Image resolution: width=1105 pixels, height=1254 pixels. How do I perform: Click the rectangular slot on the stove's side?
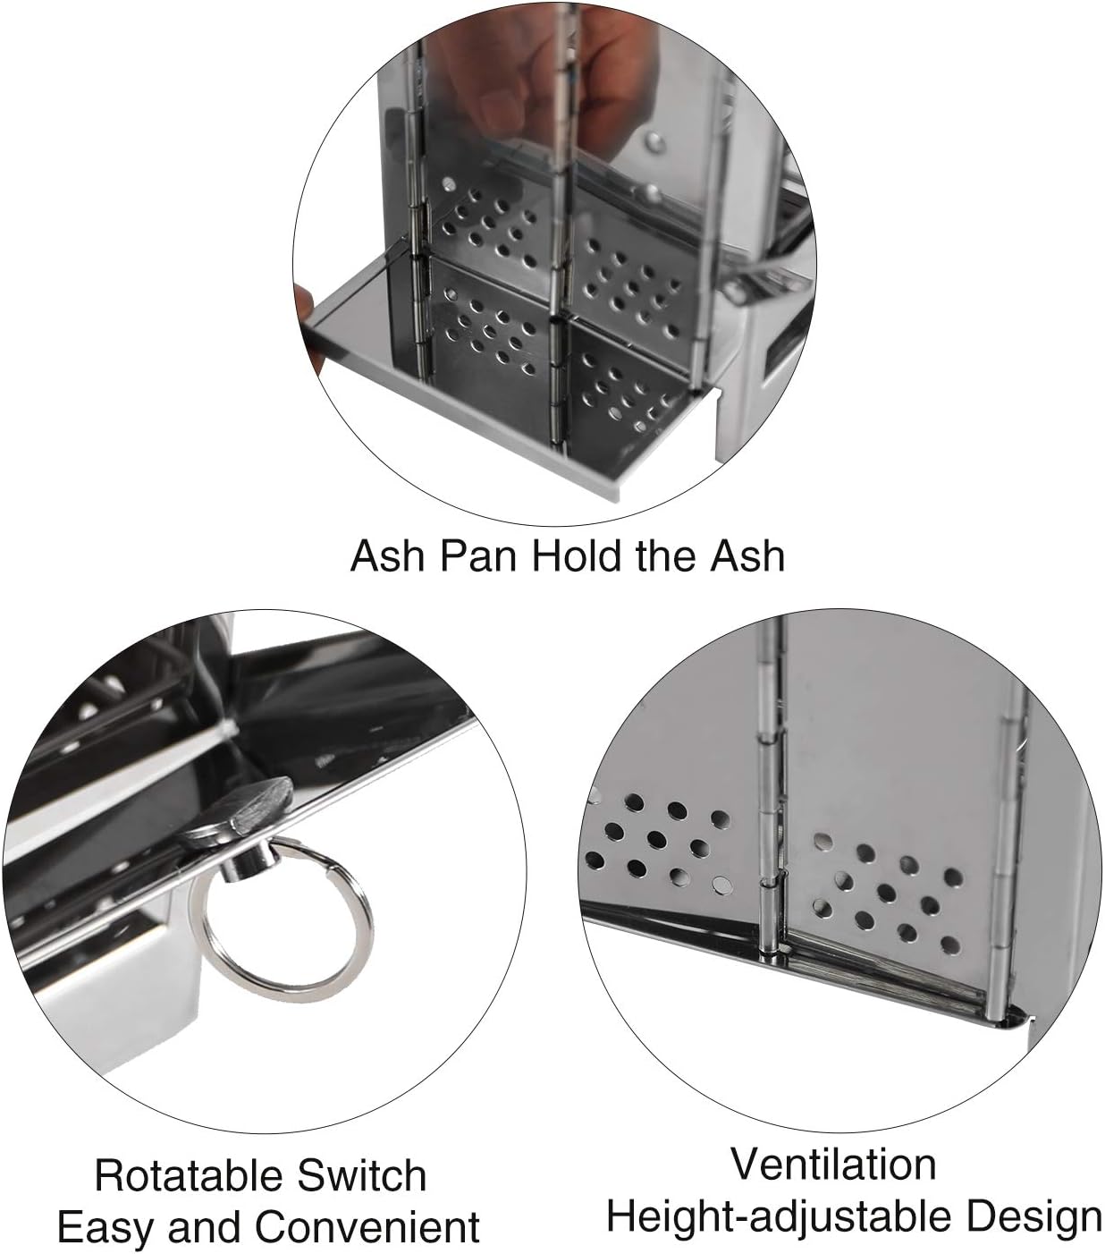pos(778,352)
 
